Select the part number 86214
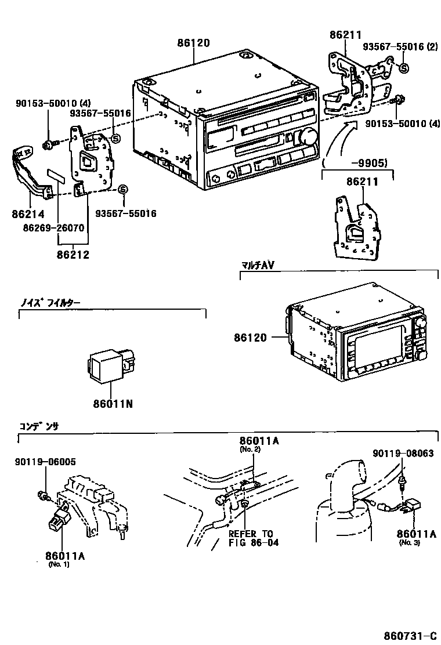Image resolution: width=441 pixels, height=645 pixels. click(x=28, y=214)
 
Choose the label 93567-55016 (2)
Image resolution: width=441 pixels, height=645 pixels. click(x=400, y=47)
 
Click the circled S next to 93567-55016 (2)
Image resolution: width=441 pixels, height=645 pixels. click(x=404, y=68)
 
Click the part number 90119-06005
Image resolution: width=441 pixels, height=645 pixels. click(x=45, y=462)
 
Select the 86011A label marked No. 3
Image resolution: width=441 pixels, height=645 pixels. click(x=416, y=534)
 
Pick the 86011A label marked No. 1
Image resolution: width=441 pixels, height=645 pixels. click(x=65, y=556)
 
